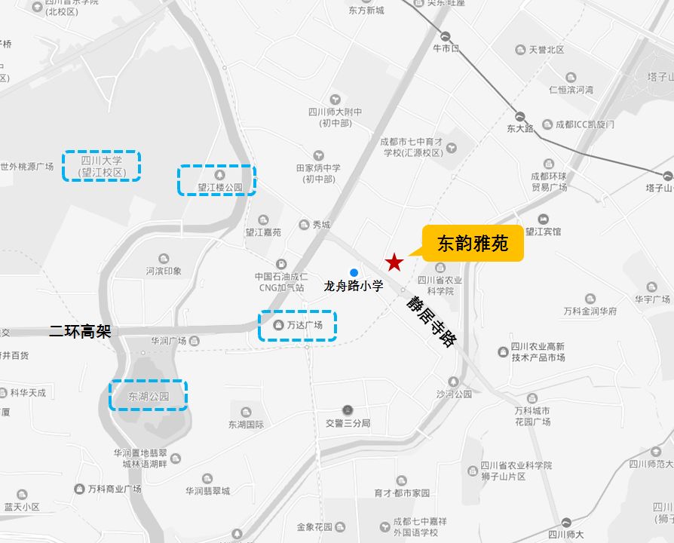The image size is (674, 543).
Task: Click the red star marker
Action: coord(394,262)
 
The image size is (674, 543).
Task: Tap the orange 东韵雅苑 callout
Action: coord(473,243)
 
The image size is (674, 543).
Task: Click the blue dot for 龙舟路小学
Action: coord(354,272)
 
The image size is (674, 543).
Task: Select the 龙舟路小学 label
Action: coord(354,286)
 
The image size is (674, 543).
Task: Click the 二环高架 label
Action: coord(80,331)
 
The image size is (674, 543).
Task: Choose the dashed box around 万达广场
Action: coord(297,326)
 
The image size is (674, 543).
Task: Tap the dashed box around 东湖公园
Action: coord(148,395)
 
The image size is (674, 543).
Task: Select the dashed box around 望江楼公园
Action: coord(216,181)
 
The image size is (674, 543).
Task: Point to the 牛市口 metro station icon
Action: coord(446,35)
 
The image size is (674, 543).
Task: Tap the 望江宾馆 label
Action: coord(544,232)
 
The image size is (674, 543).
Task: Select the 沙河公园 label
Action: coord(453,394)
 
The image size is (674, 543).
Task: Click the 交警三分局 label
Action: coord(348,423)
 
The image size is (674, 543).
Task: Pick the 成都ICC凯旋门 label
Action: coord(584,124)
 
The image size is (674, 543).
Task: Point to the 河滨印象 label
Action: coord(164,271)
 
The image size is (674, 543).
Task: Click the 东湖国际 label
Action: coord(247,425)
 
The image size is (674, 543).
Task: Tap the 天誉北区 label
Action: coord(547,50)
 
